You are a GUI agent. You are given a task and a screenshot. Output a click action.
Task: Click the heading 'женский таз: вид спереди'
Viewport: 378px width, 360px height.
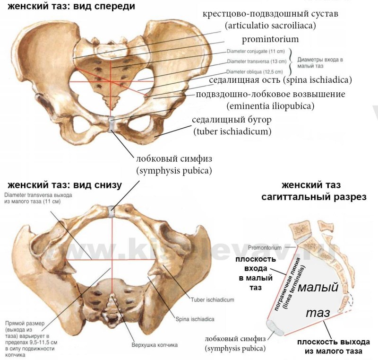pos(68,6)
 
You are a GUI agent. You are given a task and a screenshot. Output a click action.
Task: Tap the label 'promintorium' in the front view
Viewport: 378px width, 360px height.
pos(270,39)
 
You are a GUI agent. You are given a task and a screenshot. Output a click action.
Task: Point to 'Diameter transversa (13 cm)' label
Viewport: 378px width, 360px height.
pos(257,61)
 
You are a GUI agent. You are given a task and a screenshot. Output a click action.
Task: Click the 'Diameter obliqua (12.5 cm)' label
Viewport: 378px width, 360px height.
pos(255,71)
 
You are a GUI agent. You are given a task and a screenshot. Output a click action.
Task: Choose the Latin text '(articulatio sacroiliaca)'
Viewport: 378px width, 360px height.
pos(270,25)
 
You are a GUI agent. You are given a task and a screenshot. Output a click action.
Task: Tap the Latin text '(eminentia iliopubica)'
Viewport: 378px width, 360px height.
pos(270,105)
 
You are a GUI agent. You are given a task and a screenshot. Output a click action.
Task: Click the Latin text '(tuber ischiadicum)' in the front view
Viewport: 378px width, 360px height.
pos(232,131)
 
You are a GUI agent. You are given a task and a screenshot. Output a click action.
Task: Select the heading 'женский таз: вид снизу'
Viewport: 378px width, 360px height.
pos(64,184)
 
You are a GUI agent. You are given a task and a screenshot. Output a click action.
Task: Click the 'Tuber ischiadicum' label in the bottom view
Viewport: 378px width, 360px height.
pos(212,299)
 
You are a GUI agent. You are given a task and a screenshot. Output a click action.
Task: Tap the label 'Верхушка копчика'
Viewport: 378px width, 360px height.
pos(155,345)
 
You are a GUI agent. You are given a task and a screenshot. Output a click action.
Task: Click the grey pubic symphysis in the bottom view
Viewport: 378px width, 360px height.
pos(112,211)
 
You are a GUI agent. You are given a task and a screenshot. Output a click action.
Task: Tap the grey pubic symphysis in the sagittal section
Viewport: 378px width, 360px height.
pos(275,327)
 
